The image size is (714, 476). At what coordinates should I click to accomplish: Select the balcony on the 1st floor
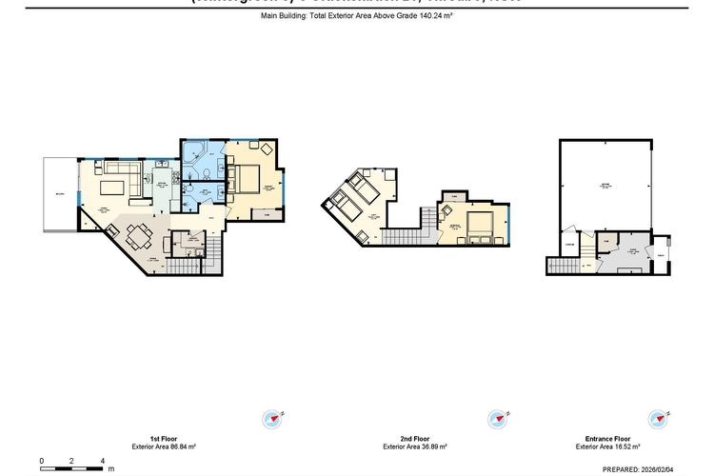click(58, 195)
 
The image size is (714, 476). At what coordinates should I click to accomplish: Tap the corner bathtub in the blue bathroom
click(195, 152)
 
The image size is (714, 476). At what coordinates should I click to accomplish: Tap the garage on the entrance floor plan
click(605, 186)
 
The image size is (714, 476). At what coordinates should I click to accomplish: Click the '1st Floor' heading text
click(165, 437)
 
